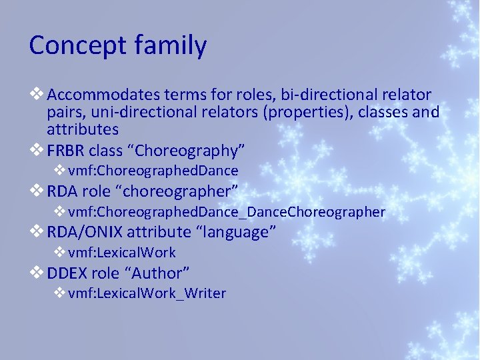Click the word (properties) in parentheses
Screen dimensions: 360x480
(307, 112)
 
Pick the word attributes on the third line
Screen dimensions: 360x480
(83, 129)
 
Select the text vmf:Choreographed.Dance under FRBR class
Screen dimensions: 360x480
(153, 171)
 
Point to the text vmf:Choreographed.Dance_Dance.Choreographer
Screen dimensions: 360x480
(227, 212)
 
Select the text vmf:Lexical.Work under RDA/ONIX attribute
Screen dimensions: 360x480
(122, 253)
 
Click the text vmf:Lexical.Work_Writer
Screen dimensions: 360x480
(147, 293)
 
